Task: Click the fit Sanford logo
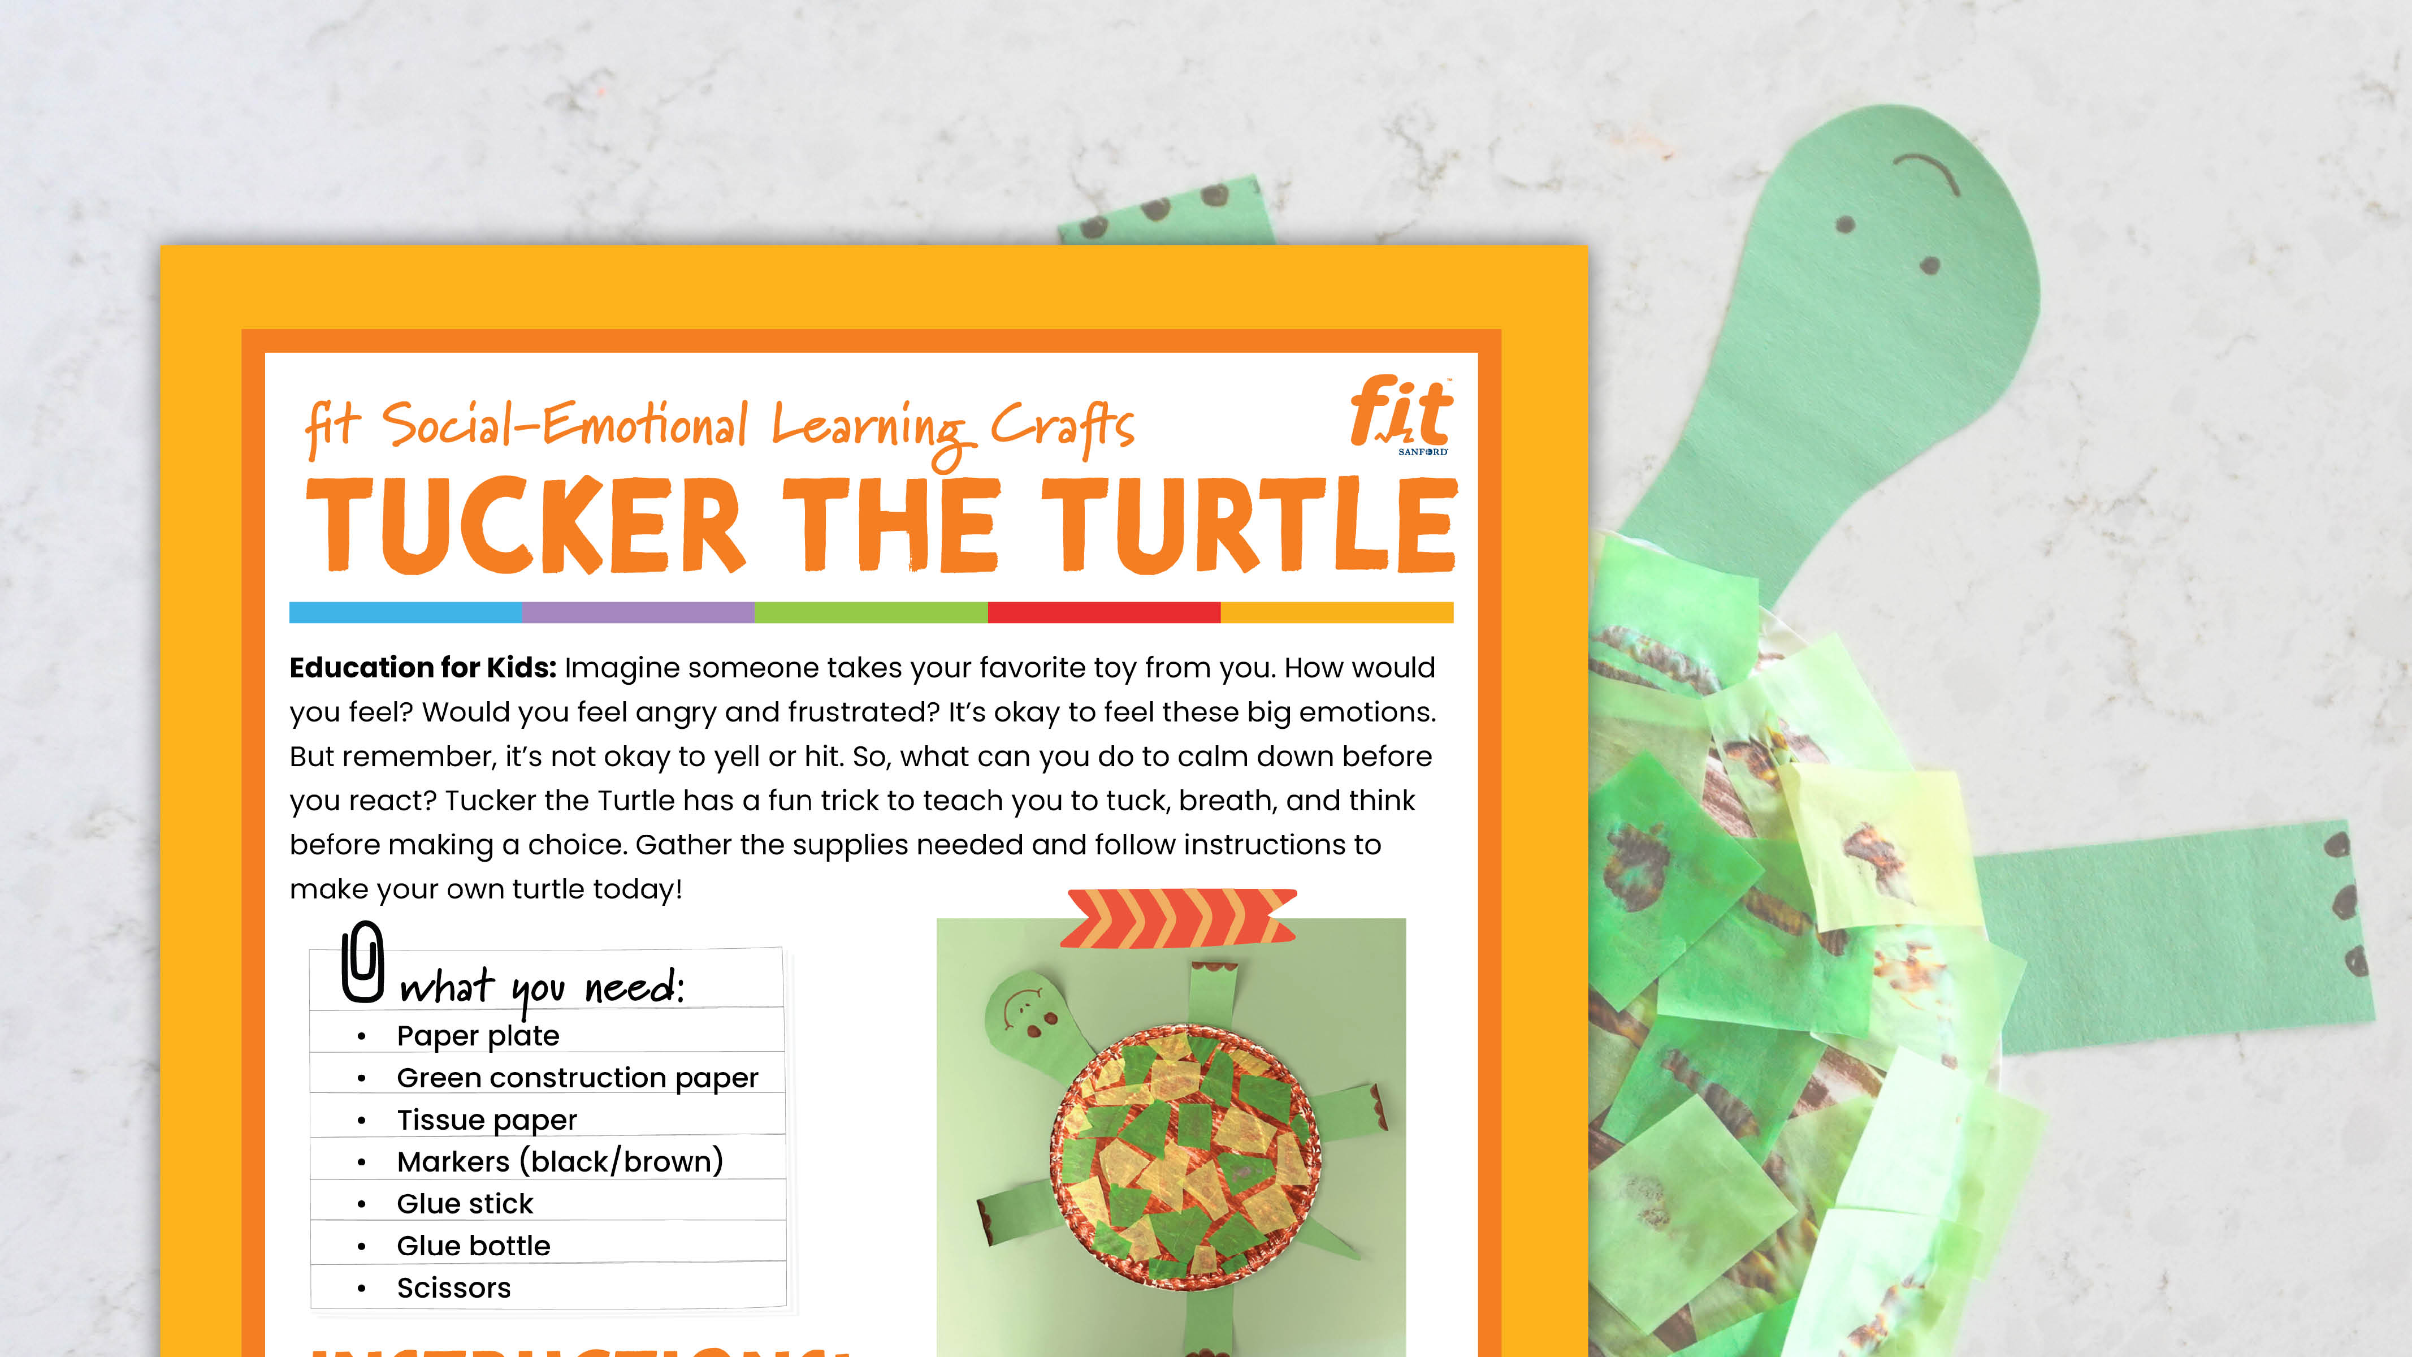1401,415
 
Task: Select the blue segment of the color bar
405,612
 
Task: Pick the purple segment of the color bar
638,612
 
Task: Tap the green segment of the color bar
871,612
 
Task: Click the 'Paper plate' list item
478,1036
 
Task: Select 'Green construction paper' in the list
577,1078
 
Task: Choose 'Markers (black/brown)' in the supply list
559,1162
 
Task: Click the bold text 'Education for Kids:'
422,668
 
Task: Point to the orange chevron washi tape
1178,918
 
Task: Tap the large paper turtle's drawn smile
1927,172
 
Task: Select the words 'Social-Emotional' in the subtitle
565,426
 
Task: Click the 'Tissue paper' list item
487,1120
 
